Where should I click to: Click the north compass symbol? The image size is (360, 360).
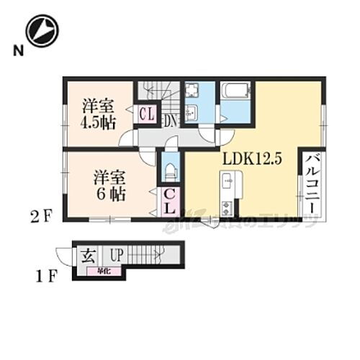pos(41,31)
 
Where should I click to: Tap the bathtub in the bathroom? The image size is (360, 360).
pos(235,92)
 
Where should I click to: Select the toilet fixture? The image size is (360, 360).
pos(170,170)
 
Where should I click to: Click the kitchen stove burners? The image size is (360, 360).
pos(227,209)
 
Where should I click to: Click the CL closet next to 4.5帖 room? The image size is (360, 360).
pos(147,114)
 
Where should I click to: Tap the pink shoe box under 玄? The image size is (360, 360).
pos(94,271)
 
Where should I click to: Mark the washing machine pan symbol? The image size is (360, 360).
pos(192,92)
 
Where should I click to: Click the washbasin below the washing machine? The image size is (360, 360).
pos(192,112)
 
